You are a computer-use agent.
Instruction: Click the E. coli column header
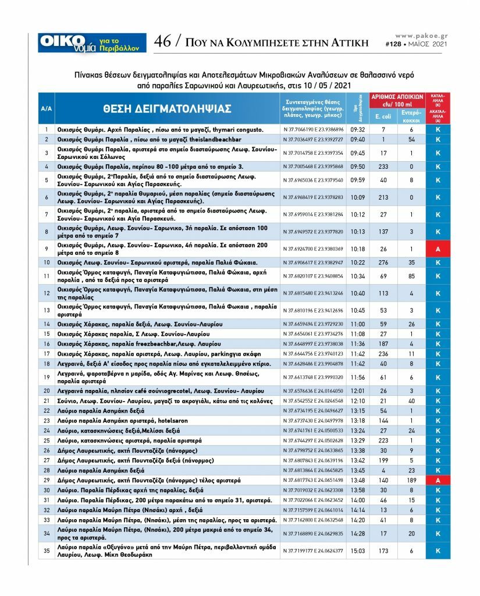pos(383,117)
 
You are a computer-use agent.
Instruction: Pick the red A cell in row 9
pos(438,249)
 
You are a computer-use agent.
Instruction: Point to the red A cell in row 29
pos(438,480)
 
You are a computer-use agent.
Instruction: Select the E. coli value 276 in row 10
pos(383,262)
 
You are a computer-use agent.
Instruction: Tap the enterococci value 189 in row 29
pos(411,480)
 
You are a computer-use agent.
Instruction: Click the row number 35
pos(47,550)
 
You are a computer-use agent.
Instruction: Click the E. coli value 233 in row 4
pos(383,166)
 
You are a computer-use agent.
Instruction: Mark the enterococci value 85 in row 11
pos(411,276)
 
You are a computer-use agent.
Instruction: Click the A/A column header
pos(47,109)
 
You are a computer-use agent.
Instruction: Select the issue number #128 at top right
pos(396,44)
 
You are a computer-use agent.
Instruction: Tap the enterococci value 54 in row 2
pos(411,140)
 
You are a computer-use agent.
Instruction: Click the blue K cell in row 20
pos(438,391)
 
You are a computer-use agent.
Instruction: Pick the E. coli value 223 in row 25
pos(383,441)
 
